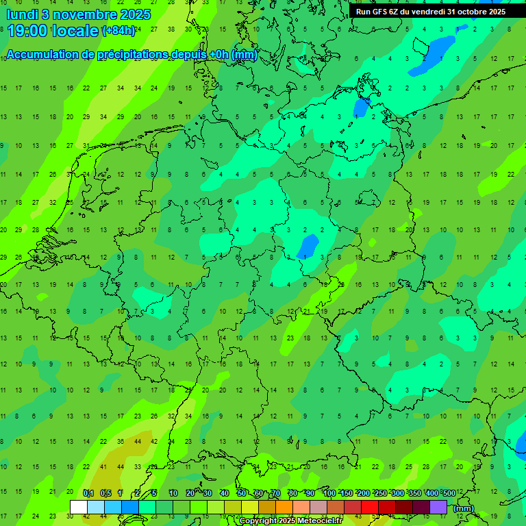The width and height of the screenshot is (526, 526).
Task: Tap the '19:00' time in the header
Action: pos(28,31)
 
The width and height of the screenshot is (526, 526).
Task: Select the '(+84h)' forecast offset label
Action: pos(119,31)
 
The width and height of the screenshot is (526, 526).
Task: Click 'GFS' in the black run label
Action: pos(377,12)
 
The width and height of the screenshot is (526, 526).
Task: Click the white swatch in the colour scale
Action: pos(79,507)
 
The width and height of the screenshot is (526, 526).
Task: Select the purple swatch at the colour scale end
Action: pos(438,507)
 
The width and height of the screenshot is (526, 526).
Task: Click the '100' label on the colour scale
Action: pos(329,494)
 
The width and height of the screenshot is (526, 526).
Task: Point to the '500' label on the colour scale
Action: pos(449,494)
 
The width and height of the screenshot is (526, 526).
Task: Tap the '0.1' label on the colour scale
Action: pos(88,494)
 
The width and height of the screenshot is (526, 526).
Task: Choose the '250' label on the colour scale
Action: pos(380,494)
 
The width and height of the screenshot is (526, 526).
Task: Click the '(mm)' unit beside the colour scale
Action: pos(464,508)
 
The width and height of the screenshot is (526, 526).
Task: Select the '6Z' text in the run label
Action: pos(394,12)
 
